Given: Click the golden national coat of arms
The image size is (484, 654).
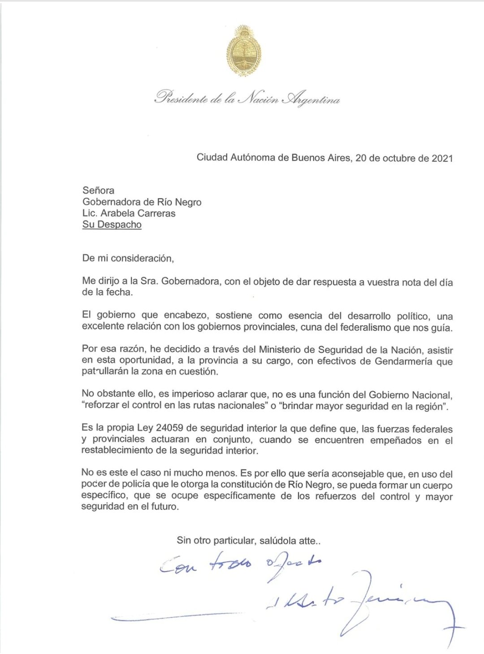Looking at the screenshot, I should click(244, 51).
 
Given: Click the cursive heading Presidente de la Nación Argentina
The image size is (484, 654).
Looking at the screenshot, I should click(247, 98).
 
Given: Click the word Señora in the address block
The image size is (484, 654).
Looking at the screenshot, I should click(98, 191).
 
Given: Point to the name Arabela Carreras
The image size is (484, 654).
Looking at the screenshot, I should click(138, 213).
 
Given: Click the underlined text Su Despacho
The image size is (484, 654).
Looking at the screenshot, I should click(112, 225).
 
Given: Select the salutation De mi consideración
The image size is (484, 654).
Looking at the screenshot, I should click(128, 258).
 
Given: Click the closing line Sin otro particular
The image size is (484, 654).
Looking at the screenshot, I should click(248, 541).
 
